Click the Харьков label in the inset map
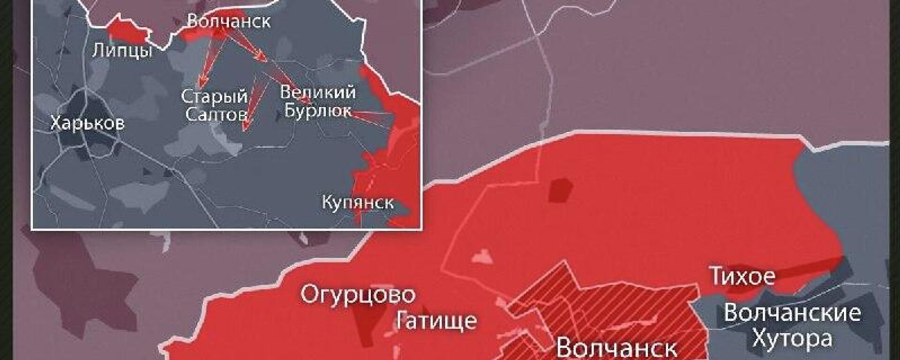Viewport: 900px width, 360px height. [x=87, y=123]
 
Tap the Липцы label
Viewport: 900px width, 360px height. [x=122, y=50]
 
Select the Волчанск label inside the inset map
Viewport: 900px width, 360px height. [x=229, y=21]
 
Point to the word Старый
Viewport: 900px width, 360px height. [x=214, y=97]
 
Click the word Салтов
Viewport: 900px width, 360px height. [x=216, y=114]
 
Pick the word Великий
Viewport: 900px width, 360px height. [x=318, y=92]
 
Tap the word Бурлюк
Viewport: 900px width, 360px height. [x=318, y=111]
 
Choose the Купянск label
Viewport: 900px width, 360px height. [x=358, y=202]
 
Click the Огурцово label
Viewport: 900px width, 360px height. [x=358, y=295]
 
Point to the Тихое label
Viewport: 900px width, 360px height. [x=742, y=276]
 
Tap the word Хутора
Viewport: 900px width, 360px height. [x=792, y=338]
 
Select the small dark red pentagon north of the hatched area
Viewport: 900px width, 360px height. [x=561, y=190]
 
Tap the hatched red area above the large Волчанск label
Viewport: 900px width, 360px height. [x=609, y=305]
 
